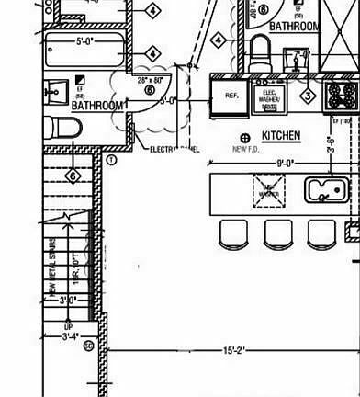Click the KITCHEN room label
pos(280,136)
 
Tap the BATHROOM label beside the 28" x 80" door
pos(97,107)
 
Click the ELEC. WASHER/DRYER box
pos(270,98)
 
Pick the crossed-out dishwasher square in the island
pos(269,190)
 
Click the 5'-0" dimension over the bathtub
pos(85,41)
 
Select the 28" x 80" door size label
pos(150,80)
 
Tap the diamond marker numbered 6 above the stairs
pos(73,176)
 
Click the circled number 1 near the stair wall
pos(112,159)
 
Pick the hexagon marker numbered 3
pos(309,95)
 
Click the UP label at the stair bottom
pos(68,326)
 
